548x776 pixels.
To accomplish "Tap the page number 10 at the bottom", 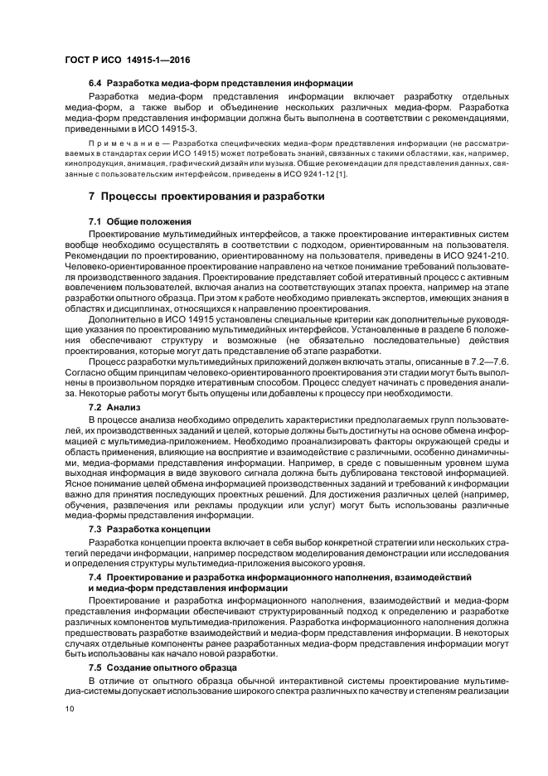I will [70, 710].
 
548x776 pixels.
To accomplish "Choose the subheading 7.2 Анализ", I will [114, 408].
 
